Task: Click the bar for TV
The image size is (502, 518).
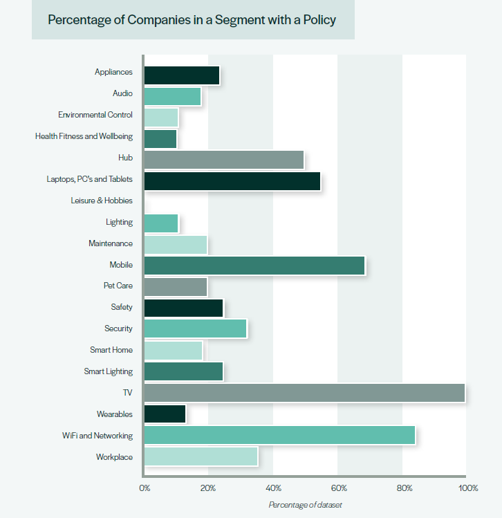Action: tap(304, 393)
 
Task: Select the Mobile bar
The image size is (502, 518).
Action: tap(254, 265)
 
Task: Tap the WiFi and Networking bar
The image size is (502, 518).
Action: tap(279, 435)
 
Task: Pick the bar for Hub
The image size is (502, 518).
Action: tap(223, 160)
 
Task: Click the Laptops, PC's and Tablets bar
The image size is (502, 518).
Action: tap(232, 181)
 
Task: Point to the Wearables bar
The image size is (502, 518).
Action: tap(165, 414)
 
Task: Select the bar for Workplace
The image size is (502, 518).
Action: tap(201, 456)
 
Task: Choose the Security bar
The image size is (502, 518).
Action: tap(195, 329)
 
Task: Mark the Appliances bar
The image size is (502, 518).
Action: tap(181, 75)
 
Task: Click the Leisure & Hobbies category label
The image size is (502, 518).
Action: tap(101, 201)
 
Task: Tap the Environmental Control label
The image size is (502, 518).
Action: tap(95, 115)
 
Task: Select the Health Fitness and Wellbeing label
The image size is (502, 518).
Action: tap(84, 136)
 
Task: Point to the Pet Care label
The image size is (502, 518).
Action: tap(118, 286)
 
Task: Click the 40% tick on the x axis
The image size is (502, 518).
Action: tap(273, 488)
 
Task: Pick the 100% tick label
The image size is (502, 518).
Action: tap(467, 488)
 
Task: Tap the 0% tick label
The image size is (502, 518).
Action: tap(145, 488)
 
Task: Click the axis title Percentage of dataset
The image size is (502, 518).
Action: tap(305, 505)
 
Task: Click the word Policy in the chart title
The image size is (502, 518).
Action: tap(319, 19)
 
